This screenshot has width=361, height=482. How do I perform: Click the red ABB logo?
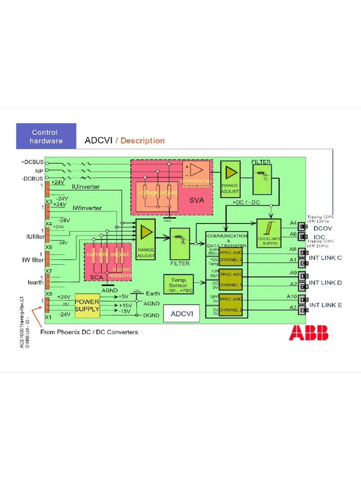point(308,333)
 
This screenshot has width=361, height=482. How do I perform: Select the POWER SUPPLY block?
point(87,305)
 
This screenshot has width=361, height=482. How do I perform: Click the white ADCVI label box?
point(181,313)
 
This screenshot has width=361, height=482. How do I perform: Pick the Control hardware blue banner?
point(46,137)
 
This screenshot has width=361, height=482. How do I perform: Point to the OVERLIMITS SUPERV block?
point(269,233)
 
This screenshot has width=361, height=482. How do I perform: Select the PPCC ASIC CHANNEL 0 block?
point(231,257)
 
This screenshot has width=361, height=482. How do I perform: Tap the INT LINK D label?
point(325,283)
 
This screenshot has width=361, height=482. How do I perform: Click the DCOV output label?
point(323,228)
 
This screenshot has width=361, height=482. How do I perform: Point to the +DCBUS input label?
point(32,162)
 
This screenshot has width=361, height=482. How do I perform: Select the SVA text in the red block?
point(196,200)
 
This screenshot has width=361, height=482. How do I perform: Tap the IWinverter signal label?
point(87,208)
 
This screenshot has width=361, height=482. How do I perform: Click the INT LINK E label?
point(325,305)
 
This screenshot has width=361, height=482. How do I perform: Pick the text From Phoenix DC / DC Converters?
point(89,332)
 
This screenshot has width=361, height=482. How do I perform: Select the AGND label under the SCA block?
point(110,291)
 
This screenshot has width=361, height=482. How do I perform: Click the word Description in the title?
point(142,141)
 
